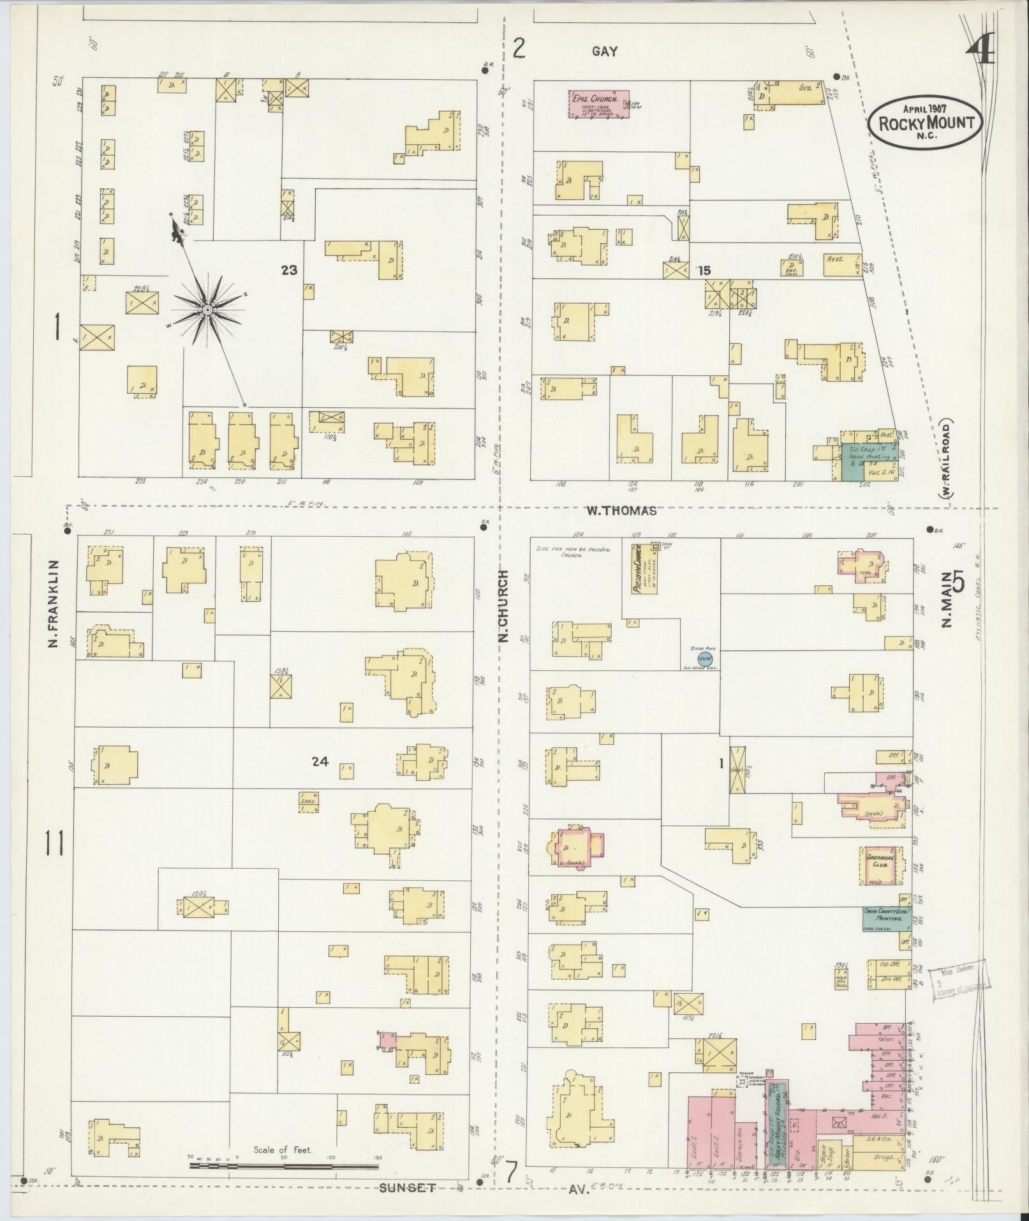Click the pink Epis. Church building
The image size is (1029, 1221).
598,105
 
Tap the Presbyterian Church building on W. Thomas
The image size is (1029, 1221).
644,568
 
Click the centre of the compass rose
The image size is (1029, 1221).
207,310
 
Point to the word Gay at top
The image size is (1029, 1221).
604,52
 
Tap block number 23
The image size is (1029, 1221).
289,270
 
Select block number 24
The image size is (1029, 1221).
320,761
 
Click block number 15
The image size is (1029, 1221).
703,271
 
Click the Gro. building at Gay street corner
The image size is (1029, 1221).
797,93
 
